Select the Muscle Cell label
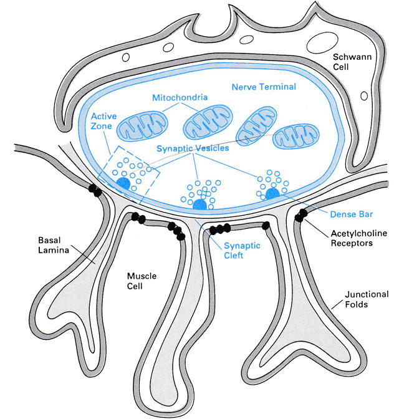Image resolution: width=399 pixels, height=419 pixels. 140,280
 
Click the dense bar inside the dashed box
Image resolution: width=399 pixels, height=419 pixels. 123,182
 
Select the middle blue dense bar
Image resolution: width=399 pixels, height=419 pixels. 199,205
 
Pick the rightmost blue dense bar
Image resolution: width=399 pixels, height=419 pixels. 273,195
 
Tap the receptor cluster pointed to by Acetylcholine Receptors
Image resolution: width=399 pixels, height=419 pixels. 302,216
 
